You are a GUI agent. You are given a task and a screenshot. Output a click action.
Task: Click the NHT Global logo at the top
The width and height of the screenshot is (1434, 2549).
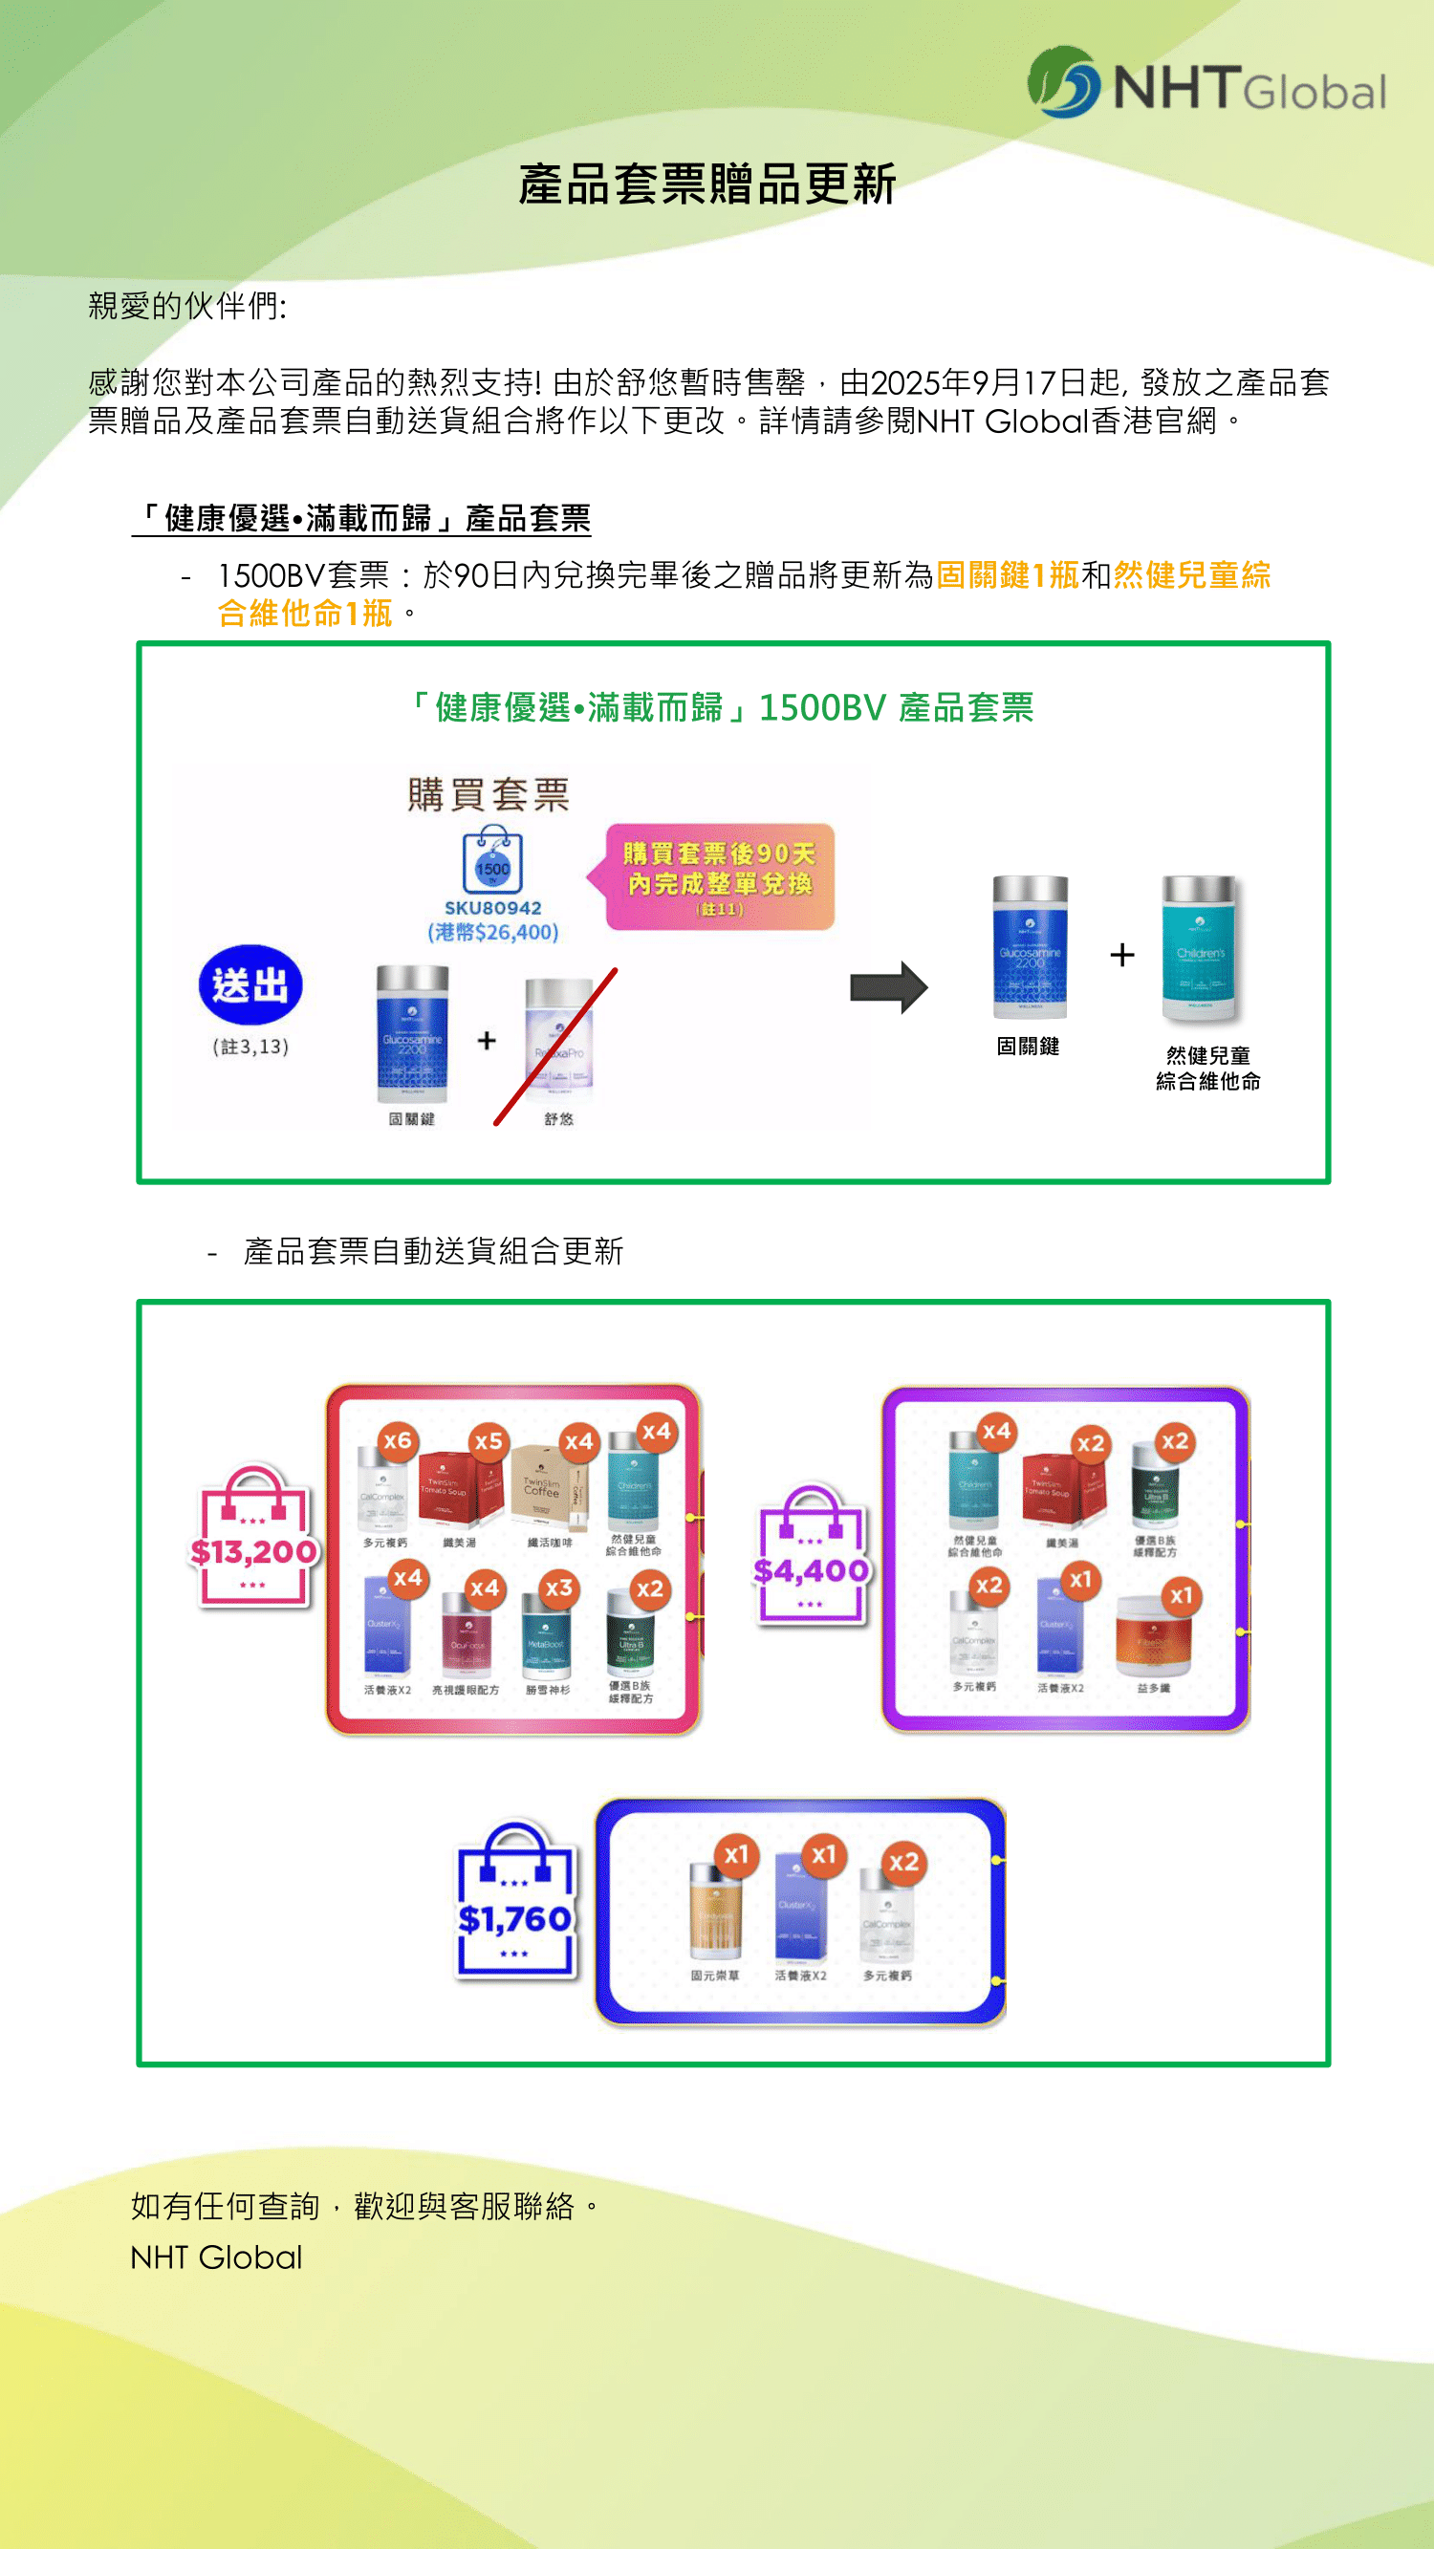pos(1206,84)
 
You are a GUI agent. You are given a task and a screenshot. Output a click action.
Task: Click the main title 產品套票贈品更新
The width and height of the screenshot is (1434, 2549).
pos(706,185)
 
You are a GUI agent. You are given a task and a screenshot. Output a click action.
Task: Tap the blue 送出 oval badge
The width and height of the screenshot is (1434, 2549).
pos(250,985)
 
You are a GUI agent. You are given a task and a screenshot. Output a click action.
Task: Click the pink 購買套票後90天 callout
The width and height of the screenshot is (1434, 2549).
pos(720,876)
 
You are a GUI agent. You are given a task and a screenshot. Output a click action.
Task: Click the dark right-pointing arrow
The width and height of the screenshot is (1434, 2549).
pos(889,986)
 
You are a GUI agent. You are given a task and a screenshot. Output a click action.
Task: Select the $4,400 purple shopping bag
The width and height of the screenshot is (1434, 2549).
pos(811,1557)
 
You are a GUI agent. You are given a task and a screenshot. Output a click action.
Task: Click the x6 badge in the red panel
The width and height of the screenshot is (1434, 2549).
pos(397,1440)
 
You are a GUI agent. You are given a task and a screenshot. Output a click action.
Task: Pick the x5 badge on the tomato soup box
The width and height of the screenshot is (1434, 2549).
pos(488,1441)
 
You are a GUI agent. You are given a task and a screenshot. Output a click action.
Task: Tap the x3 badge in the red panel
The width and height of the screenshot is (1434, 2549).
pos(559,1588)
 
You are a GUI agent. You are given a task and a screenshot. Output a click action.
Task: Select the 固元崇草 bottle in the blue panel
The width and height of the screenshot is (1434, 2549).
pos(714,1914)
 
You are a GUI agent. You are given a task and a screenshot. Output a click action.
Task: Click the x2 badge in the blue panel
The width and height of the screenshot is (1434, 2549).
pos(903,1862)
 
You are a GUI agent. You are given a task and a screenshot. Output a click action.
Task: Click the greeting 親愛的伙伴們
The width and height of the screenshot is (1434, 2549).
pos(187,307)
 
